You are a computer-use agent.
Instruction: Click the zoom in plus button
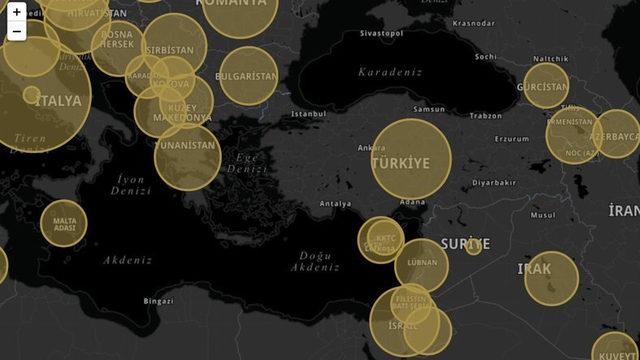pyautogui.click(x=17, y=13)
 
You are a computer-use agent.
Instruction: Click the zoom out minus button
pyautogui.click(x=17, y=31)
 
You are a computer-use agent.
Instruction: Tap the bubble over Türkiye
pyautogui.click(x=411, y=159)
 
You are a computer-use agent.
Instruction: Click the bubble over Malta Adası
pyautogui.click(x=63, y=223)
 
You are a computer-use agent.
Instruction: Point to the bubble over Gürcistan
pyautogui.click(x=546, y=85)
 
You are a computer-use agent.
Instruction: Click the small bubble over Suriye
pyautogui.click(x=474, y=246)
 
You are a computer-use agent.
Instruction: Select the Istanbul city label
pyautogui.click(x=308, y=114)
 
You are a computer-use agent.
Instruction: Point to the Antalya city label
pyautogui.click(x=335, y=204)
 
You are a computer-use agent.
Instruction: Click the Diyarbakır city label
pyautogui.click(x=494, y=183)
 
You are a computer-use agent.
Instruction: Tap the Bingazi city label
pyautogui.click(x=158, y=300)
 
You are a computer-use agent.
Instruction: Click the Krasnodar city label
pyautogui.click(x=473, y=23)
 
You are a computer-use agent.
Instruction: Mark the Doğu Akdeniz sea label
pyautogui.click(x=315, y=261)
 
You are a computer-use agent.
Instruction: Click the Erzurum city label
pyautogui.click(x=511, y=139)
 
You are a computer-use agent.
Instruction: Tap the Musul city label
pyautogui.click(x=543, y=214)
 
